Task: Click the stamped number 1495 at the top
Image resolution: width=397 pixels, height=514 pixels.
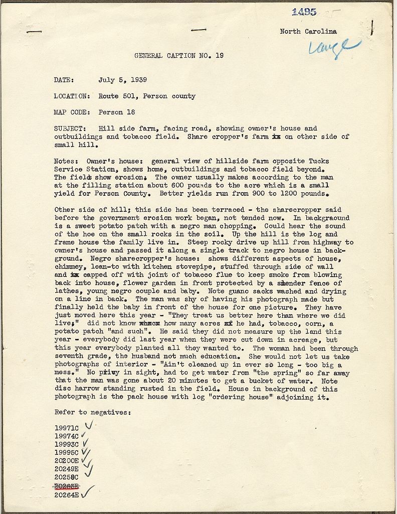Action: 304,12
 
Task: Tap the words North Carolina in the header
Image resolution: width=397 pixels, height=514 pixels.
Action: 308,32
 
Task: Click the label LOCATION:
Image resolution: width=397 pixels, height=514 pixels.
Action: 72,96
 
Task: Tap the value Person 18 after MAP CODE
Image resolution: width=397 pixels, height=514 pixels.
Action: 117,112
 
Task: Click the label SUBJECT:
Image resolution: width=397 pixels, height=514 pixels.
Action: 71,128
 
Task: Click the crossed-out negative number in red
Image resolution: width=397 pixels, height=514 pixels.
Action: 66,487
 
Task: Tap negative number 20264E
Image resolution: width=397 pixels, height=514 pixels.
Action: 66,495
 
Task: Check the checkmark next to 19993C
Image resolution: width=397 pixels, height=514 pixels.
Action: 85,443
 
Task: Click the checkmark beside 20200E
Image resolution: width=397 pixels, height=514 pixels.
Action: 87,460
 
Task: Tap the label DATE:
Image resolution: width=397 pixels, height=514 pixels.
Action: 64,79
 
